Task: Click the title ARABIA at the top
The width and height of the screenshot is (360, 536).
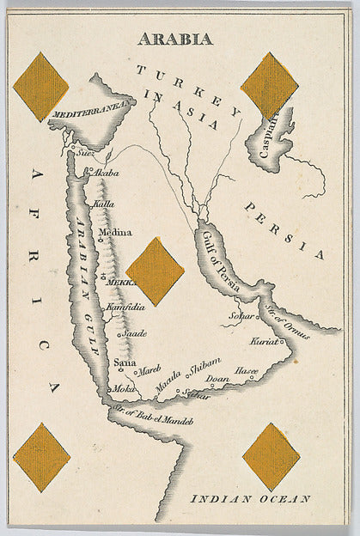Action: coord(175,39)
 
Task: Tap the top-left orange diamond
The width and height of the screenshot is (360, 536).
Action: coord(40,87)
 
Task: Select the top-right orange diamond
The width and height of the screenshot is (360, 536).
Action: coord(269,85)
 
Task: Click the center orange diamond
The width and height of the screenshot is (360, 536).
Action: coord(155,271)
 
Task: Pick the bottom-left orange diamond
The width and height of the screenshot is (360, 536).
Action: coord(41,457)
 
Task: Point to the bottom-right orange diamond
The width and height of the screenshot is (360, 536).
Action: coord(271,456)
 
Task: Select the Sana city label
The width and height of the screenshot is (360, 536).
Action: coord(124,362)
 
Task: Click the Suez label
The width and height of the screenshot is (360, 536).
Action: coord(84,155)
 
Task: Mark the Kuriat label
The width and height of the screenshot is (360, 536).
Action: coord(265,342)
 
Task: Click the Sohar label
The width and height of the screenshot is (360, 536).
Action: coord(241,317)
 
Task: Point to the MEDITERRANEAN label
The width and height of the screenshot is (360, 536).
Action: coord(89,108)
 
